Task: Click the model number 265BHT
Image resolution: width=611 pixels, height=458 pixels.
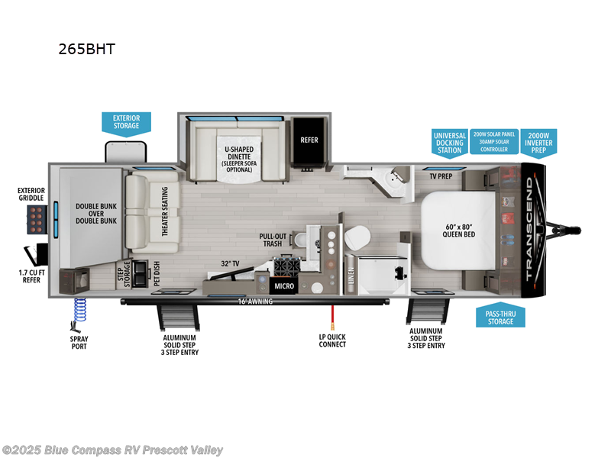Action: pyautogui.click(x=86, y=49)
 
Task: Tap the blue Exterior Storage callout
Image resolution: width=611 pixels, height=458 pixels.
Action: pyautogui.click(x=126, y=121)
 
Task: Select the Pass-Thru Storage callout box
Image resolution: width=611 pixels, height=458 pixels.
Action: pyautogui.click(x=500, y=317)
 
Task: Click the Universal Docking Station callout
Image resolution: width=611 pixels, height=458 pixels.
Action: pyautogui.click(x=449, y=142)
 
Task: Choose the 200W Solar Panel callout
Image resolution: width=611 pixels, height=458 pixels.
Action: pyautogui.click(x=493, y=141)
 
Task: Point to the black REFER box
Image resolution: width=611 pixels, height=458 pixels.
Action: pyautogui.click(x=309, y=140)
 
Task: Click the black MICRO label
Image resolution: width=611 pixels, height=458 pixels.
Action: pyautogui.click(x=283, y=286)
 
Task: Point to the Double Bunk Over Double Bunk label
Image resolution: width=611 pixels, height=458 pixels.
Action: pyautogui.click(x=96, y=213)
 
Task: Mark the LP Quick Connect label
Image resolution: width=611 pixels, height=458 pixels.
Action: pyautogui.click(x=332, y=340)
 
